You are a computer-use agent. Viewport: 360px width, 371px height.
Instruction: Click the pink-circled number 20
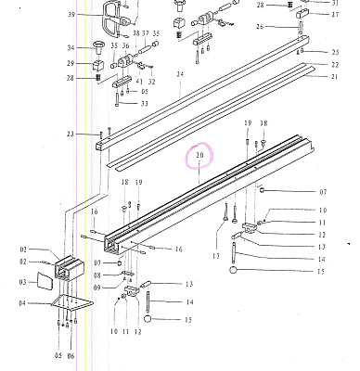point(198,155)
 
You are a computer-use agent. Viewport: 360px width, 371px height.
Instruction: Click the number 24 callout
point(179,73)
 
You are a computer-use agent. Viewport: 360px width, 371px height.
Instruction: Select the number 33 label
point(145,103)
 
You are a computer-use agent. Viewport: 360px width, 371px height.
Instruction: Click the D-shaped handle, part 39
point(109,15)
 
